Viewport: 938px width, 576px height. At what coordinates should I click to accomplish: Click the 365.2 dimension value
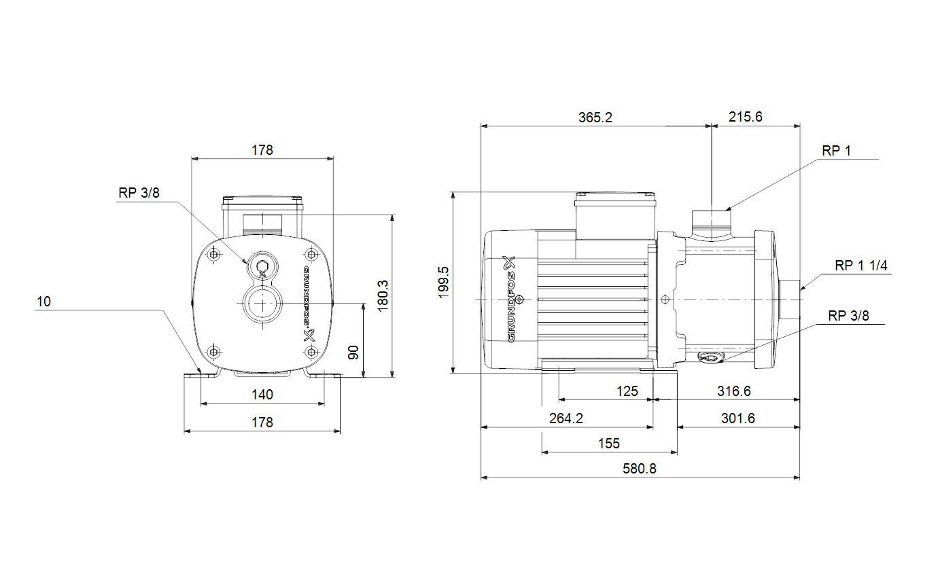click(595, 118)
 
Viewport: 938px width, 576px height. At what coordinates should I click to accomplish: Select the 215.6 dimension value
click(746, 117)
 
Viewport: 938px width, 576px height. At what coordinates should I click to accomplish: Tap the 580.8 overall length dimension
click(640, 469)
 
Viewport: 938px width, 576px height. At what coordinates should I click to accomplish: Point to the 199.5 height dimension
click(443, 283)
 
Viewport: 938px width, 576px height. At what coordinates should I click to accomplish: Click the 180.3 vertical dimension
click(383, 296)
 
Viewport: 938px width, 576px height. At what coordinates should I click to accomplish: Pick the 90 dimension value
click(353, 353)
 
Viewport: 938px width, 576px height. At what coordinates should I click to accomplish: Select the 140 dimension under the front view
click(262, 395)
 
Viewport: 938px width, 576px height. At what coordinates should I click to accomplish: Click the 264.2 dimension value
click(566, 418)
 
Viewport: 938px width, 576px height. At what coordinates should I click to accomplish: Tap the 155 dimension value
click(609, 444)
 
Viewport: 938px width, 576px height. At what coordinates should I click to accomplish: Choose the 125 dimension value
click(627, 391)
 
